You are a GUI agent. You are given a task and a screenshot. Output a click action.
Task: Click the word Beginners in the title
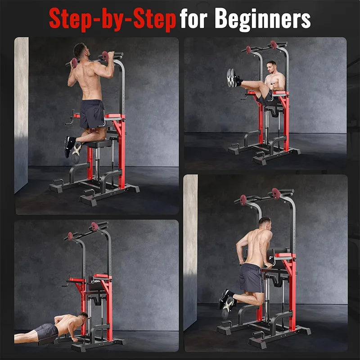click(262, 19)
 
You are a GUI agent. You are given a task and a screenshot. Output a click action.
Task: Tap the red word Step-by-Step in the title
click(112, 20)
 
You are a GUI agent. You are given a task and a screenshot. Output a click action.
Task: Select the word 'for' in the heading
click(193, 18)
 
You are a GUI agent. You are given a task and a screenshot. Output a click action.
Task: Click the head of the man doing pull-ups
click(81, 50)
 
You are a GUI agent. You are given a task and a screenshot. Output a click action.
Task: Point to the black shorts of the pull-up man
click(92, 114)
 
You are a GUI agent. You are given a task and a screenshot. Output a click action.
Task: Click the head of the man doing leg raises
click(272, 67)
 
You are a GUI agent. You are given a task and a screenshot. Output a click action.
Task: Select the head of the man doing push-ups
click(83, 318)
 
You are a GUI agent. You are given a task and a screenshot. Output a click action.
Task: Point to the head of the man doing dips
click(265, 224)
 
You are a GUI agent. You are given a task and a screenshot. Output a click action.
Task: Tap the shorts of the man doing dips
click(251, 278)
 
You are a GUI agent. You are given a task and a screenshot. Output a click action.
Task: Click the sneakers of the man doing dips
click(227, 303)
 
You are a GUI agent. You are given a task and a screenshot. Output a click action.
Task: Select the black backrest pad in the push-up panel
click(95, 283)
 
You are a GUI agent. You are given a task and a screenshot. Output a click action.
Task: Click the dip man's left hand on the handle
click(241, 262)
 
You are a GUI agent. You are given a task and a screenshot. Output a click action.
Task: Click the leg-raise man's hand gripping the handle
click(272, 86)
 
